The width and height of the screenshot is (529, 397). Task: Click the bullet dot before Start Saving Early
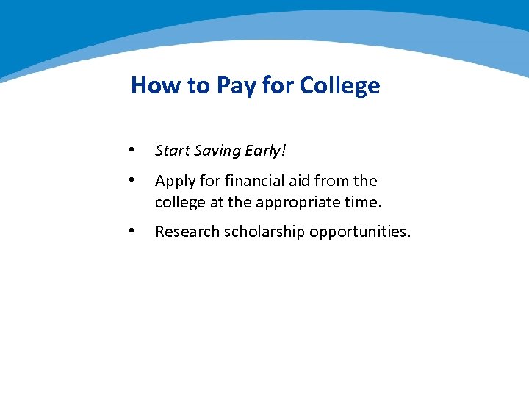coord(131,149)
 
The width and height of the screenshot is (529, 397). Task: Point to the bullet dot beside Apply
coord(131,180)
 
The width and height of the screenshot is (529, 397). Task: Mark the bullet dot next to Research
coord(131,231)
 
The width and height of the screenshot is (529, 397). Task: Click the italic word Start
coord(173,151)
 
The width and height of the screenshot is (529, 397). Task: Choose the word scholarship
coord(264,232)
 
